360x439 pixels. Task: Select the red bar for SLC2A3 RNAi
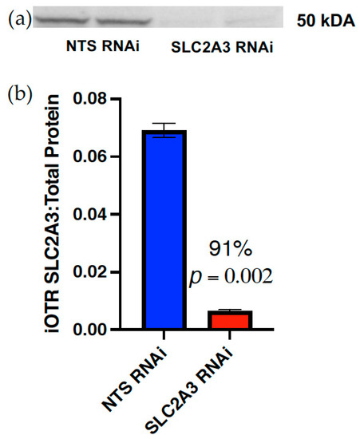(x=237, y=319)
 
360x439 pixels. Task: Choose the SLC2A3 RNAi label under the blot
(x=223, y=49)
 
